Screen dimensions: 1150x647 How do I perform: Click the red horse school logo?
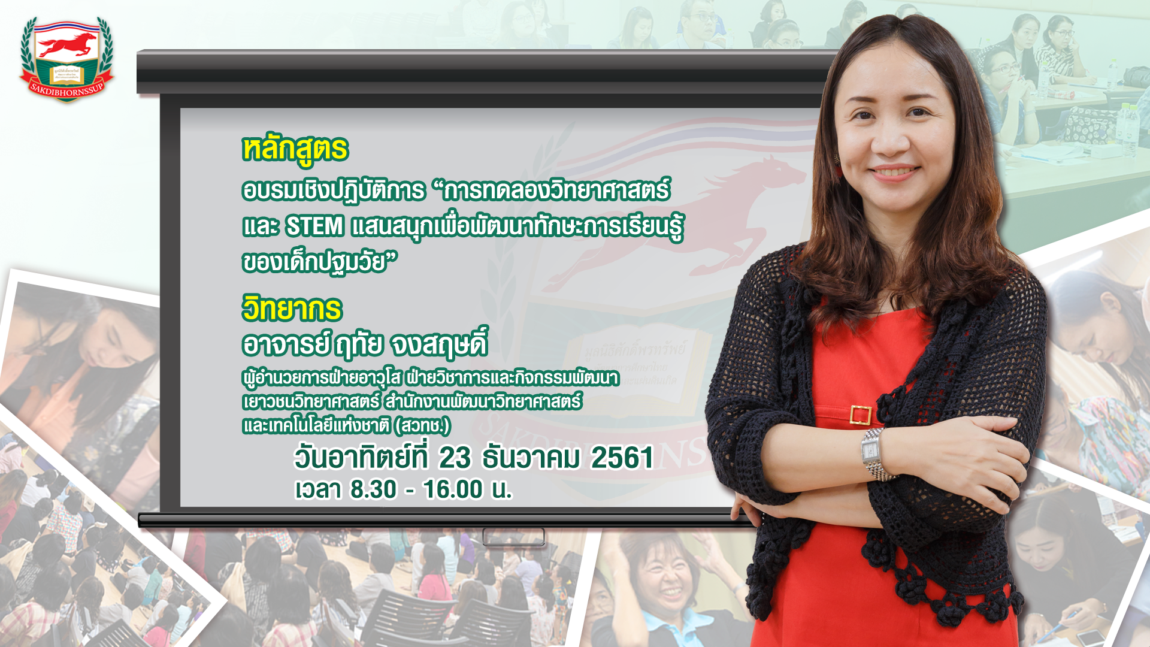(x=66, y=59)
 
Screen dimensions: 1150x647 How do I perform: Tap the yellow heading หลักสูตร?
(x=295, y=149)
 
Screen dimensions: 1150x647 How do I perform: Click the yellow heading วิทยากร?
(x=292, y=309)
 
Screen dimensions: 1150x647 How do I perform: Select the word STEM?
(x=314, y=226)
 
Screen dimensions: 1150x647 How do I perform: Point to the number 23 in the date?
(x=455, y=458)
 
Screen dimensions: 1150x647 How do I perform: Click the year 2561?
(x=622, y=458)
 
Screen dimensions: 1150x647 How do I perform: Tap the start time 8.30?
(x=373, y=489)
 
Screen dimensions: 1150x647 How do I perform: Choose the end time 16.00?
(x=453, y=489)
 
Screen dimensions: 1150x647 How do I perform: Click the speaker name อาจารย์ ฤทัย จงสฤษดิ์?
(x=365, y=343)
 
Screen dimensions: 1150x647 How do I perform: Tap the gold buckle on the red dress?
(x=860, y=415)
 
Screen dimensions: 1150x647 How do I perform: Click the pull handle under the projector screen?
(x=514, y=537)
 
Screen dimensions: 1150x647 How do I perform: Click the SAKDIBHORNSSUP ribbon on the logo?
(x=66, y=89)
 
